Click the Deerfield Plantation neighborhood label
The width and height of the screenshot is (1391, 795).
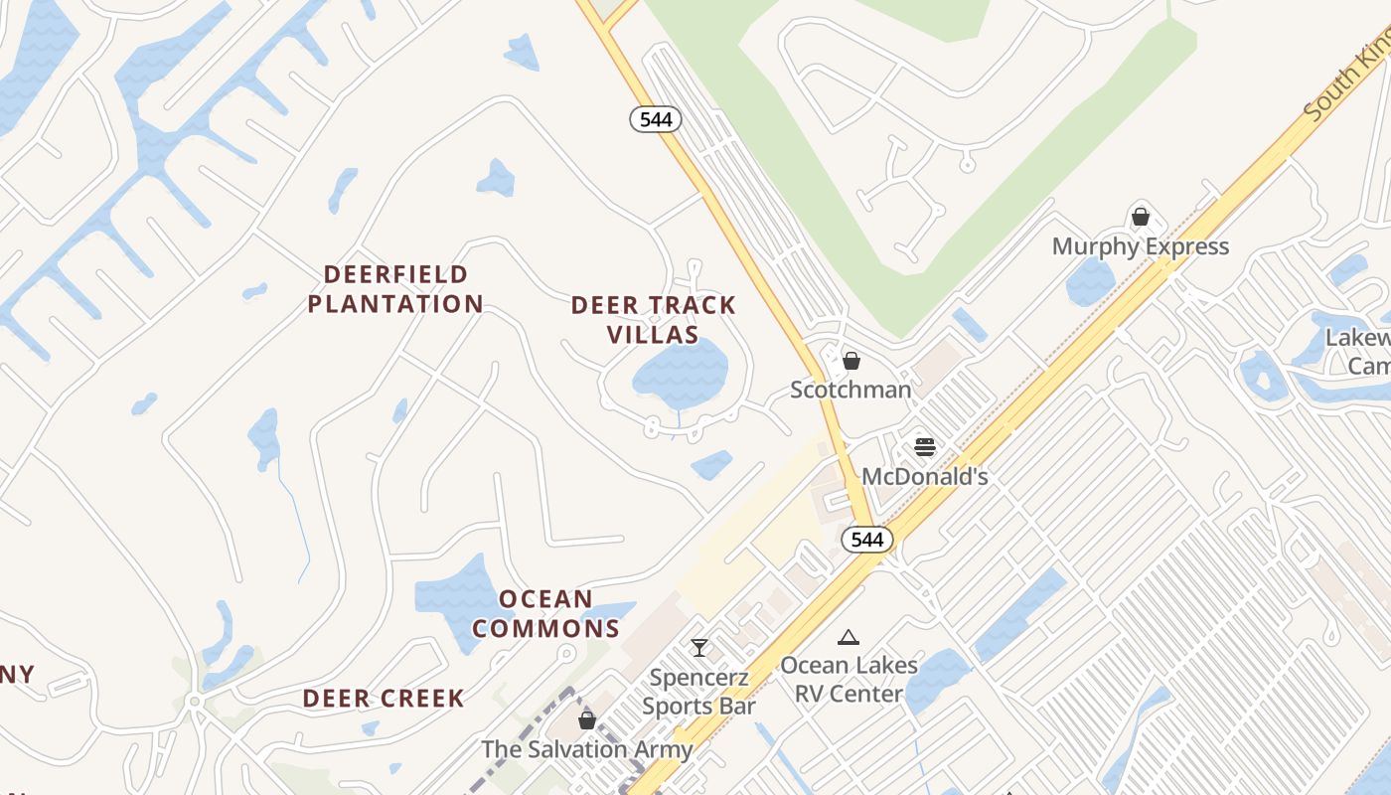pos(395,289)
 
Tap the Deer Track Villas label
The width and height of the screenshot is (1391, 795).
pos(654,319)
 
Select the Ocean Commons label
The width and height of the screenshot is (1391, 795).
pos(545,613)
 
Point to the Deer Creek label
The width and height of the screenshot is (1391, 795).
pos(384,699)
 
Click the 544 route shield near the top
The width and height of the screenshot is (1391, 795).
pos(656,120)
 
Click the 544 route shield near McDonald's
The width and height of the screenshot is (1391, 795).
pos(867,540)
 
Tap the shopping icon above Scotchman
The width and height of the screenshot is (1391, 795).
pos(851,361)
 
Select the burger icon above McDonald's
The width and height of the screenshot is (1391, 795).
pos(925,447)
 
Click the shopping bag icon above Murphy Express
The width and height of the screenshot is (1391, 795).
pos(1141,216)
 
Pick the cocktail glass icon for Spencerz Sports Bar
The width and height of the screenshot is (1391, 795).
pos(699,648)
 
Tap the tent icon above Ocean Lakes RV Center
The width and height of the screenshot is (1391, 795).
pos(848,637)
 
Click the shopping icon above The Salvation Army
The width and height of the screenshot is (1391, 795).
pos(587,720)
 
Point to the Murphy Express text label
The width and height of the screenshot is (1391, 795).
pos(1141,246)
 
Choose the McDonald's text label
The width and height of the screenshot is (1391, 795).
pos(925,477)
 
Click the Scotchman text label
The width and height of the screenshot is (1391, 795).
pos(850,390)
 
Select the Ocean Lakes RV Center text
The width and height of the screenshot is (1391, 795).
pos(849,679)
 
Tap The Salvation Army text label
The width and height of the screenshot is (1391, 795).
pos(586,749)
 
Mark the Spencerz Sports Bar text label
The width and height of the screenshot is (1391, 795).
pos(698,692)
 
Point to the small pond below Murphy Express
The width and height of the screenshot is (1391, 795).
pos(1090,282)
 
